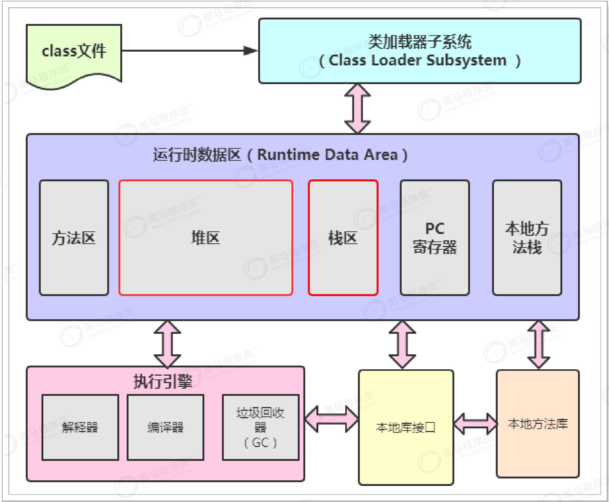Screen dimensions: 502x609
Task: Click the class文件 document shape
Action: click(x=74, y=52)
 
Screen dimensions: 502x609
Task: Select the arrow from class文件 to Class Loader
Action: click(x=187, y=50)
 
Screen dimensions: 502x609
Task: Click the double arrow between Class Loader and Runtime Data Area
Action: click(x=357, y=108)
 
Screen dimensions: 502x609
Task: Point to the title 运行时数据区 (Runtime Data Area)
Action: click(x=280, y=155)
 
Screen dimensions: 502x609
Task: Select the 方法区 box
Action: click(x=74, y=238)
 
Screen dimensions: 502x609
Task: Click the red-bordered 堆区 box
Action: click(x=205, y=238)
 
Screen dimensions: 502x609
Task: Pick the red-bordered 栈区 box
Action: click(x=343, y=238)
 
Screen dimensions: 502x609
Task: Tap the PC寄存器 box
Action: click(x=435, y=238)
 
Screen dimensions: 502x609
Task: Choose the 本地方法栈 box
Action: click(x=527, y=238)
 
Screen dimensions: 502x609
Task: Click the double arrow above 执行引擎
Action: click(x=167, y=344)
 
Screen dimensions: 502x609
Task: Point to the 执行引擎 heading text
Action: click(x=163, y=382)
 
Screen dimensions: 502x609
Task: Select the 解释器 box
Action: click(x=80, y=427)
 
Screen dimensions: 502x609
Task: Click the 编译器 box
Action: click(x=165, y=427)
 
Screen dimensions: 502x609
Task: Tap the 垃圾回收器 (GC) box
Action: click(x=260, y=427)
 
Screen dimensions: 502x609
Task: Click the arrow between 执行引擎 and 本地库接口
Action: click(x=331, y=419)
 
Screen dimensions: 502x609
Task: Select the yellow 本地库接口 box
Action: click(x=406, y=427)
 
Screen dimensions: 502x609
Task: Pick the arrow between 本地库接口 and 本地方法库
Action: click(x=475, y=424)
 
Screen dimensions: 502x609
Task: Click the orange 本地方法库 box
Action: click(x=538, y=424)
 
